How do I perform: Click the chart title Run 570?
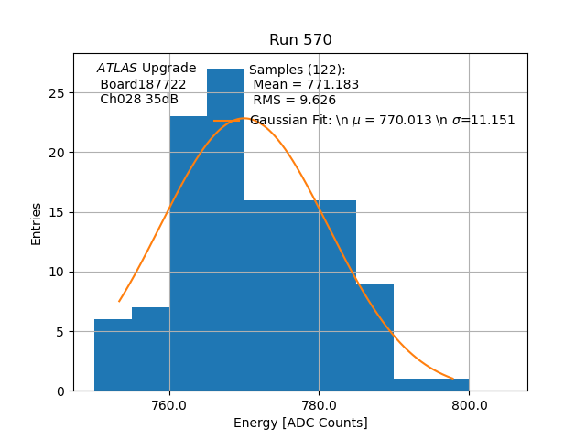300,40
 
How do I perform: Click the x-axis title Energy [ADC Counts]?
300,423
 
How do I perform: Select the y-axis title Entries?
37,223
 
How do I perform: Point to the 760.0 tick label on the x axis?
169,404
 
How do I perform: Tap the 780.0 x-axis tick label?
319,404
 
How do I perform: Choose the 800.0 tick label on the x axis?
469,404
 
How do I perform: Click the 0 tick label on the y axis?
60,391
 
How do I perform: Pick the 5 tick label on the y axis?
60,332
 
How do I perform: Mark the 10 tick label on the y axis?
57,272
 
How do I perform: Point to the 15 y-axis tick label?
57,212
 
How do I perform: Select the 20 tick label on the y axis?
57,153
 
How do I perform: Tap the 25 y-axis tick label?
57,93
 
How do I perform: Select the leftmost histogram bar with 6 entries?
113,357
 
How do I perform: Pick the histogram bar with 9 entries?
374,338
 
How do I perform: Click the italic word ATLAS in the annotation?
117,69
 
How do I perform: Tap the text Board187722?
143,84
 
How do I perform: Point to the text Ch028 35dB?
139,100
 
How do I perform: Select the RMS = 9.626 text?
295,101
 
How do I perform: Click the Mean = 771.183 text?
306,85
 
